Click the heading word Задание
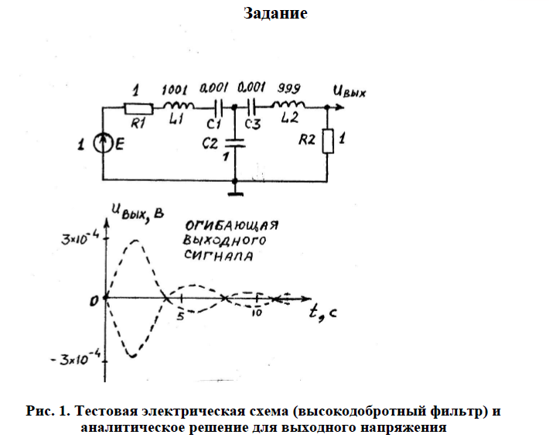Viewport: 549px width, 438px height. pyautogui.click(x=275, y=13)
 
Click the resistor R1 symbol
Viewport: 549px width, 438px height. pyautogui.click(x=139, y=108)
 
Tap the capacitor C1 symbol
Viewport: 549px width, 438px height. pyautogui.click(x=217, y=107)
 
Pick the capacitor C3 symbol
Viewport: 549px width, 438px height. pyautogui.click(x=251, y=107)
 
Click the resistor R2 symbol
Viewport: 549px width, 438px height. pyautogui.click(x=328, y=142)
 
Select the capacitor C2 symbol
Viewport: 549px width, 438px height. pyautogui.click(x=234, y=144)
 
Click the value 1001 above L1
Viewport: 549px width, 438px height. pyautogui.click(x=174, y=89)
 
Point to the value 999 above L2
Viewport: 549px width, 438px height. pyautogui.click(x=289, y=88)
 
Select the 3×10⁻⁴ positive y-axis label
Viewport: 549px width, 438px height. pyautogui.click(x=80, y=239)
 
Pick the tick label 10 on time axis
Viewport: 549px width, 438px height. pyautogui.click(x=257, y=313)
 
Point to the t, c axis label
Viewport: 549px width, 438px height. pyautogui.click(x=323, y=313)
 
